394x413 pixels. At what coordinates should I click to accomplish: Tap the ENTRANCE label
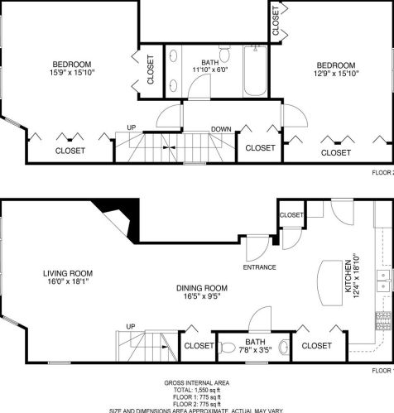pos(259,267)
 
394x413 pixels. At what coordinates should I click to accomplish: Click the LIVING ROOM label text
pos(68,273)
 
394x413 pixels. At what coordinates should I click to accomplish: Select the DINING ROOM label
pos(202,288)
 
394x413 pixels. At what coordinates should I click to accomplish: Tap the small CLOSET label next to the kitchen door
pos(291,214)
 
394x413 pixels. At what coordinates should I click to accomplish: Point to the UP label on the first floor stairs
pos(130,325)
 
